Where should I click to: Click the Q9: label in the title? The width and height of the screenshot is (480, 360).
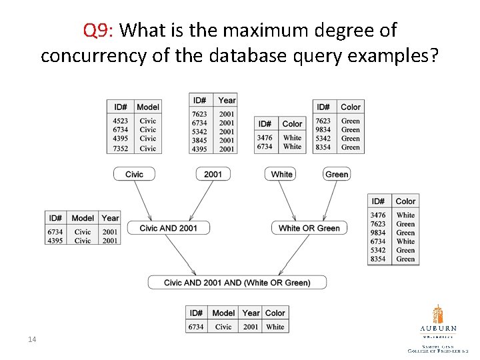[100, 30]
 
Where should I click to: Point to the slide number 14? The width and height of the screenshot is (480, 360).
[31, 340]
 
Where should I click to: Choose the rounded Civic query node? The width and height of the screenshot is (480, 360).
[134, 174]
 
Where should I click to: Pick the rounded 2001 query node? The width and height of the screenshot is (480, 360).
[213, 174]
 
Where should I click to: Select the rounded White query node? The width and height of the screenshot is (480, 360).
[281, 174]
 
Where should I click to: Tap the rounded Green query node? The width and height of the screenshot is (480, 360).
[337, 174]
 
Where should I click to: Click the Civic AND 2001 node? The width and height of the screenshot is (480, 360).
[169, 228]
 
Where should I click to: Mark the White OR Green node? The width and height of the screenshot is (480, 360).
[309, 228]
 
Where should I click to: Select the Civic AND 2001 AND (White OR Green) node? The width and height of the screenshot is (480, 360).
[237, 283]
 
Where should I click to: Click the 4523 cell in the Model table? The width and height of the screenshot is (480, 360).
[120, 121]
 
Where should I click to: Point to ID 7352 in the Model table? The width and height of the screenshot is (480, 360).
[120, 149]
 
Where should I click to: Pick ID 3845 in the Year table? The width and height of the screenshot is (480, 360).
[200, 141]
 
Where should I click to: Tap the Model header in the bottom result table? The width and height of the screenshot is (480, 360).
[223, 313]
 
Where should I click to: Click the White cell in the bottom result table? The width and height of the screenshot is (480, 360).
[275, 327]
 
